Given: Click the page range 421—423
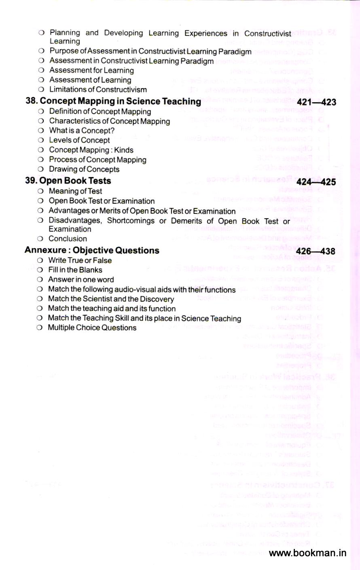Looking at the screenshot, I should tap(316, 102).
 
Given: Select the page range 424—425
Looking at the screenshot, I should tap(316, 182).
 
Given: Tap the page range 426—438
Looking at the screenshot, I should tap(316, 251).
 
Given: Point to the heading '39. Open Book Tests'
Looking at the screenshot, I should tap(68, 181).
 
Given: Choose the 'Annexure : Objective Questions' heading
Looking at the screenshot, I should tap(92, 250).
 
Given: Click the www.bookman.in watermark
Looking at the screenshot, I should tap(307, 553).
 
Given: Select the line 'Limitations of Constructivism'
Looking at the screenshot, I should tap(98, 89).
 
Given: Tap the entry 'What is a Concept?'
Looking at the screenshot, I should tap(82, 131).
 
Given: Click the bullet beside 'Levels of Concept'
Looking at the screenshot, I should tap(40, 140).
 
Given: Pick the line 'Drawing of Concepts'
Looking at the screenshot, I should tap(84, 169).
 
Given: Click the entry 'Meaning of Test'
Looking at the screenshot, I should tap(75, 191).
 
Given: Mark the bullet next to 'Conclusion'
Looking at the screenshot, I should tap(40, 239).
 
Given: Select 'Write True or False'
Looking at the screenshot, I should tap(80, 260).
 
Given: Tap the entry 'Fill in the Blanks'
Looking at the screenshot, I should tap(75, 270).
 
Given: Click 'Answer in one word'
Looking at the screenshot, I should tap(81, 280).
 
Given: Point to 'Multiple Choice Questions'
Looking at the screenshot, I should tap(92, 327).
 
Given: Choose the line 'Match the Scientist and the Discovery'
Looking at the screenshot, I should tap(111, 299).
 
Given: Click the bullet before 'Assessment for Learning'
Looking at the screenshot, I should tap(41, 70).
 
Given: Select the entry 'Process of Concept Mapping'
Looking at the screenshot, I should tap(97, 160).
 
